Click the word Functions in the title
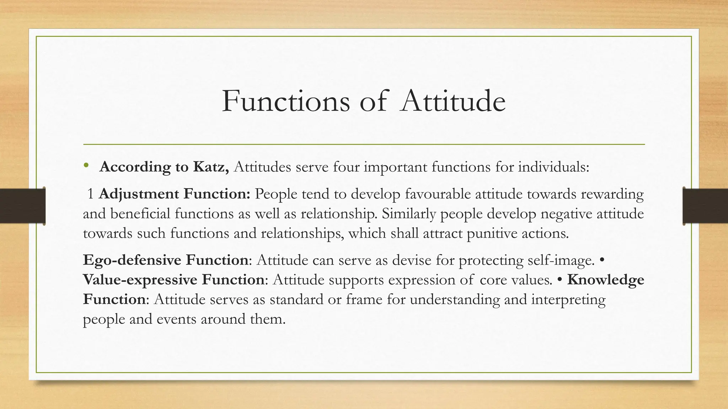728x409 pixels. [x=286, y=102]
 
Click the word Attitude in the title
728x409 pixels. [x=452, y=102]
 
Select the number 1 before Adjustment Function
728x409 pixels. [x=91, y=194]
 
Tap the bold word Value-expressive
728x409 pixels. [x=140, y=280]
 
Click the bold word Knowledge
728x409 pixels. [x=606, y=280]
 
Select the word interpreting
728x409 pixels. [x=568, y=300]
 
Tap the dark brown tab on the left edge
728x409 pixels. [x=22, y=206]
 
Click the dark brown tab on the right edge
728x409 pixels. [x=705, y=206]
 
